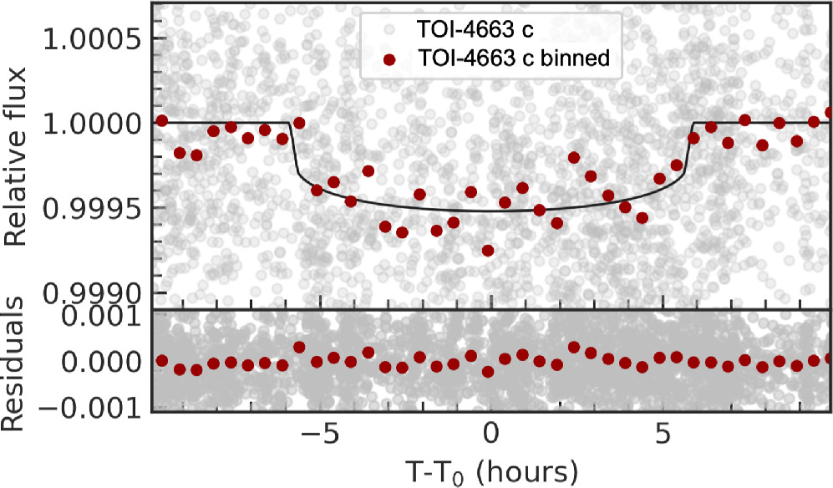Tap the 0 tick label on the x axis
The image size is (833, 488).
click(490, 435)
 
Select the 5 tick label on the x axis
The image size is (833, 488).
click(662, 435)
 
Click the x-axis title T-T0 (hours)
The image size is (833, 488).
click(490, 470)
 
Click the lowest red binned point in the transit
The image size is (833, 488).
click(488, 251)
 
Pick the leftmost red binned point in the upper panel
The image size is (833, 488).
click(162, 122)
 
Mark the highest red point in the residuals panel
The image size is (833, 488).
click(299, 347)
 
